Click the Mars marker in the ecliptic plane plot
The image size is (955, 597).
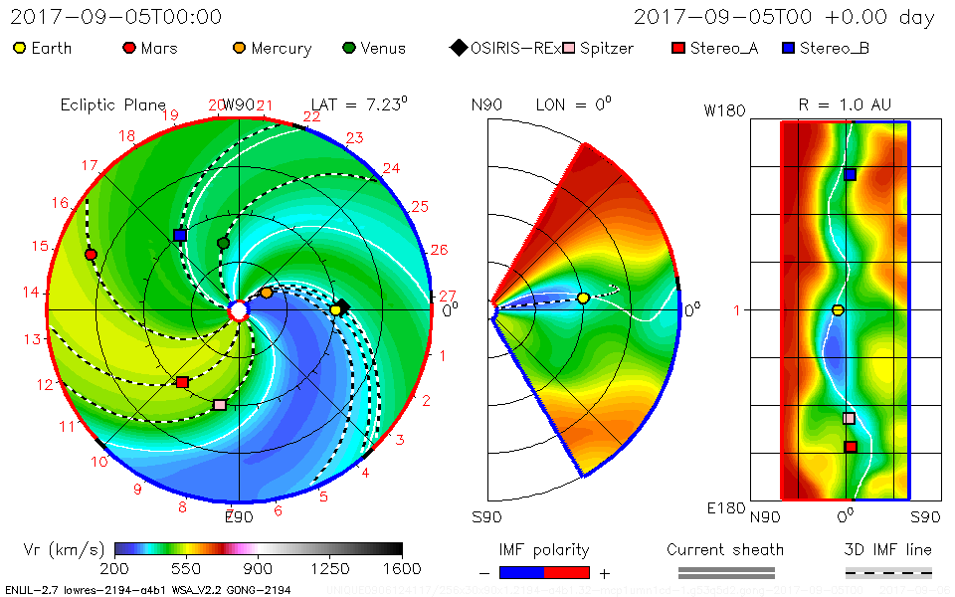(x=91, y=254)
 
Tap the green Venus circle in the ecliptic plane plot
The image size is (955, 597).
(x=223, y=243)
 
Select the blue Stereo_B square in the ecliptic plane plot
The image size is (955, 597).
(x=180, y=235)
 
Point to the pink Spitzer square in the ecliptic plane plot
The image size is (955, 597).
(x=220, y=405)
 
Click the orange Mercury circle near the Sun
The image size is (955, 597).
(x=267, y=292)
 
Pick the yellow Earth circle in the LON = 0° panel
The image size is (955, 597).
(x=583, y=298)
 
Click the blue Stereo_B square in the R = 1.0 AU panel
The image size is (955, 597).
(x=850, y=174)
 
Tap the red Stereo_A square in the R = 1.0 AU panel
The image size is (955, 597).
(x=850, y=447)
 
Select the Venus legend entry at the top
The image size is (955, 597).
(x=375, y=48)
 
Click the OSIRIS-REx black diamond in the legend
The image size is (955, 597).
(x=458, y=48)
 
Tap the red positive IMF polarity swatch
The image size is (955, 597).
(x=567, y=572)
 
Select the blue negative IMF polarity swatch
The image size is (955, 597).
(x=521, y=572)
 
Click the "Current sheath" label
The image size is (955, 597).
(x=725, y=549)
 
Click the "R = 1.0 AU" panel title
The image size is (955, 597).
(x=845, y=104)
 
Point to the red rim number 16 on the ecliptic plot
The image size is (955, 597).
(x=61, y=203)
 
